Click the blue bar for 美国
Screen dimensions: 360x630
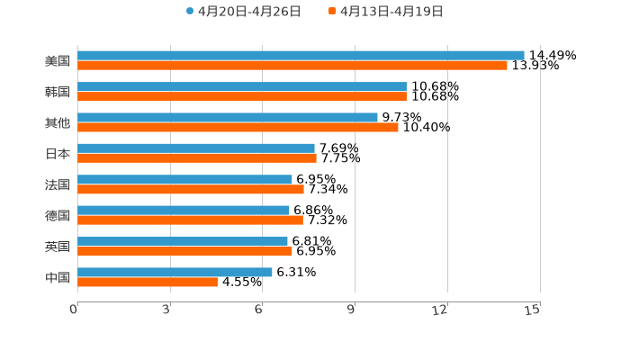pos(301,56)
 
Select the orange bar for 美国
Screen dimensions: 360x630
pos(292,66)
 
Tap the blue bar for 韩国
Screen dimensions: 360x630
pos(242,86)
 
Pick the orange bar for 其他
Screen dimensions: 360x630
pos(238,128)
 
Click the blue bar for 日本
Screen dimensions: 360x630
pos(196,148)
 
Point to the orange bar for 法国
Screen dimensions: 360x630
pos(191,190)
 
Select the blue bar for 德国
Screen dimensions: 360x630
pos(184,211)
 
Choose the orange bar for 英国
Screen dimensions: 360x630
pos(184,251)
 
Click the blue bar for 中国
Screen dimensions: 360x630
pos(175,272)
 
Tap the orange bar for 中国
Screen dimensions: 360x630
pos(148,282)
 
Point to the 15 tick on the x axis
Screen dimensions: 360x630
pos(533,310)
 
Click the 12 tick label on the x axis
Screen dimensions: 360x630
pos(440,310)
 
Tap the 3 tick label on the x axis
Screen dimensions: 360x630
pos(166,310)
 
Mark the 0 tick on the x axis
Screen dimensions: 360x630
pos(74,310)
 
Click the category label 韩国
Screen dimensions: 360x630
pos(58,92)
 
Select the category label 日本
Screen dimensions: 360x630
pos(58,154)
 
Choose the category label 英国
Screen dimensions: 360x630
pos(58,247)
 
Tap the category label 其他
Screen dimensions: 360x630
pos(58,122)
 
